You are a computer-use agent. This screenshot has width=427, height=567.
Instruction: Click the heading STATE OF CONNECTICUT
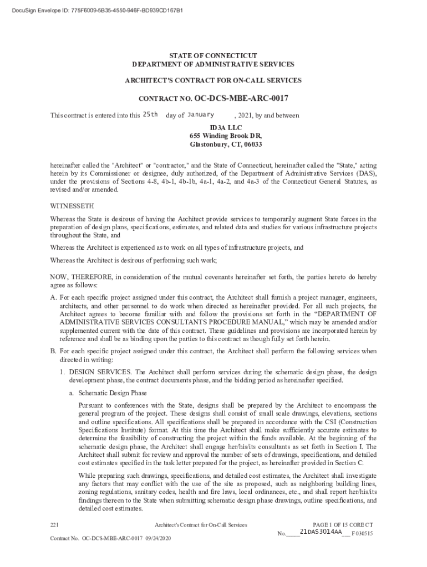213,56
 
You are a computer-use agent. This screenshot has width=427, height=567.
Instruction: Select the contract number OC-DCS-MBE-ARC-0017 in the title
241,99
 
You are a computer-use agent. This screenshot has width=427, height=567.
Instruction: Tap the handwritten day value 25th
150,115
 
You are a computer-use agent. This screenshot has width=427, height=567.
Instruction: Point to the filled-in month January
201,115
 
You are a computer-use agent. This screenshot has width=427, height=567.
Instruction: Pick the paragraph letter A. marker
53,297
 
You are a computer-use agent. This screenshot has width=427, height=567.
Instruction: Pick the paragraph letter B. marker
53,351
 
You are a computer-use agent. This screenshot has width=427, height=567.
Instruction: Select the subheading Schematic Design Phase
113,393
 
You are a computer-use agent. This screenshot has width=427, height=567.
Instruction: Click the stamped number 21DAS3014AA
321,532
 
